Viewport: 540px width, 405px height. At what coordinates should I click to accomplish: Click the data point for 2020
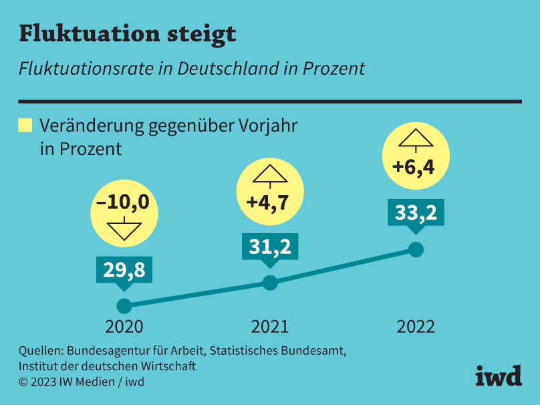coord(124,306)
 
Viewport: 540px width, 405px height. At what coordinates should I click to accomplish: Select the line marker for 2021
coord(269,283)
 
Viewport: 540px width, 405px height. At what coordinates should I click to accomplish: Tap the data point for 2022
coord(416,250)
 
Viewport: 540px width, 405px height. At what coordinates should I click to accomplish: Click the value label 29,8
coord(124,269)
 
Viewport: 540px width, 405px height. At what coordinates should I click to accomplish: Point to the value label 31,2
coord(269,247)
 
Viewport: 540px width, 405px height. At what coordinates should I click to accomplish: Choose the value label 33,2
coord(416,213)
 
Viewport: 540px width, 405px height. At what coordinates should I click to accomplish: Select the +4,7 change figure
coord(269,202)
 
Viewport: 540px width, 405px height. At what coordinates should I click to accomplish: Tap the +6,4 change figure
coord(414,167)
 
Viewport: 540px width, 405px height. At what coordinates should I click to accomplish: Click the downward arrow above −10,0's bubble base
coord(124,229)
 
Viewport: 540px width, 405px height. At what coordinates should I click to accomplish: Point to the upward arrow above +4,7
coord(269,175)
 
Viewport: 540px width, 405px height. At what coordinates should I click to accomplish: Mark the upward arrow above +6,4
coord(415,139)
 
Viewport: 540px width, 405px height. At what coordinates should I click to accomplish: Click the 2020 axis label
coord(124,327)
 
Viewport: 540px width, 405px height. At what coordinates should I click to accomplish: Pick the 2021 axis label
coord(269,327)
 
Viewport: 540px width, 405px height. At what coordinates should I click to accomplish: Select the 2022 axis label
coord(416,327)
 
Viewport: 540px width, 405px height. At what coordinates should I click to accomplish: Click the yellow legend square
coord(25,125)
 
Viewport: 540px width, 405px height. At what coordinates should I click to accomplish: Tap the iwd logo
coord(498,376)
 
